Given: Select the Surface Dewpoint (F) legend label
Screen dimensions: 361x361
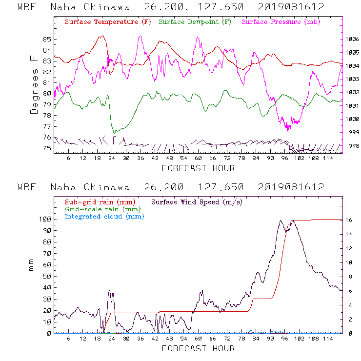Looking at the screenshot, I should point(195,22).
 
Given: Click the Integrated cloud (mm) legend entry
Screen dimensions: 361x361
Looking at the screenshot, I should point(104,216).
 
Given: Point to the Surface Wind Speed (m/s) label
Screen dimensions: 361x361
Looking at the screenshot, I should point(197,201).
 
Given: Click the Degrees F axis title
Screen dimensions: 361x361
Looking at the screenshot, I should point(34,84).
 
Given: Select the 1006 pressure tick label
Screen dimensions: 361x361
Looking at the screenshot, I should point(352,40).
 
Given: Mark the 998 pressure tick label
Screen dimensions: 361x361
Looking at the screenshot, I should point(352,145).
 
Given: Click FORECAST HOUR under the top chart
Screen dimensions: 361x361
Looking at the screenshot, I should point(198,168).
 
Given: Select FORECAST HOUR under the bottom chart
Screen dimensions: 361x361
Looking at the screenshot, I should point(198,349).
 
